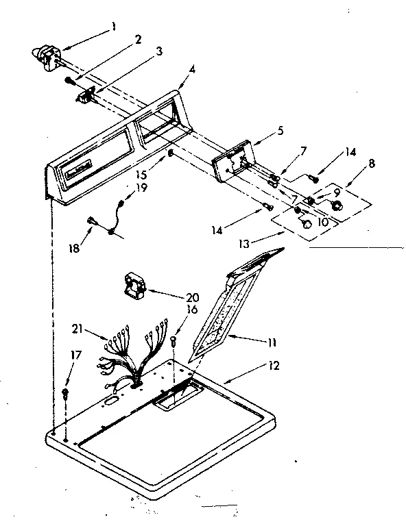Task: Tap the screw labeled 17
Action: (65, 393)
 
